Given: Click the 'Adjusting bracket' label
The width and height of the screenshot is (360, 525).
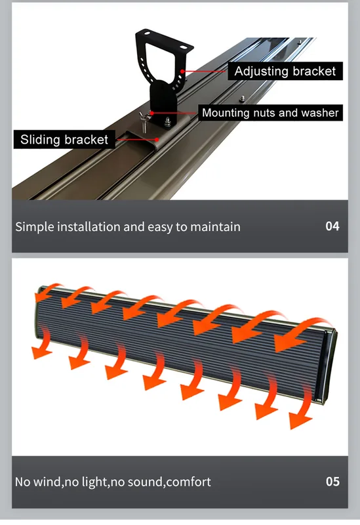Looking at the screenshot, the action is tap(285, 71).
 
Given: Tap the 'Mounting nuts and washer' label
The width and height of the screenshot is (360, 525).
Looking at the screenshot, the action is tap(270, 112).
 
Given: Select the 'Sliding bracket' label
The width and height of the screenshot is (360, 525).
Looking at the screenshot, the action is tap(64, 139).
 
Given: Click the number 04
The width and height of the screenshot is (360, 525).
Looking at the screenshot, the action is tap(332, 226).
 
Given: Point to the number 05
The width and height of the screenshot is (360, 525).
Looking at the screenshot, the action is tap(332, 482).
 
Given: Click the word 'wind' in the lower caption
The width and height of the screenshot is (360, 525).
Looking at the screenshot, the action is tap(47, 482).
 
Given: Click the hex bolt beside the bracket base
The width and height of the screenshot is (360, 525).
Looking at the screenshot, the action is tap(167, 122).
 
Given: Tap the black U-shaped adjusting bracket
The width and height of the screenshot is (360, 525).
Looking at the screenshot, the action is tap(164, 57).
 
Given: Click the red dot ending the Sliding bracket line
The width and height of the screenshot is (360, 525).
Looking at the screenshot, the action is tap(157, 139).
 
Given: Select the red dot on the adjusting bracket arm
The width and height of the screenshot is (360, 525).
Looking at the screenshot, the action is tap(182, 71).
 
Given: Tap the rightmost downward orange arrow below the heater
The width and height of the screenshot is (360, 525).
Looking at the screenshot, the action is tap(302, 407).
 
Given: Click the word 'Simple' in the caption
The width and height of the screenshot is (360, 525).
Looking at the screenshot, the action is tap(35, 227).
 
